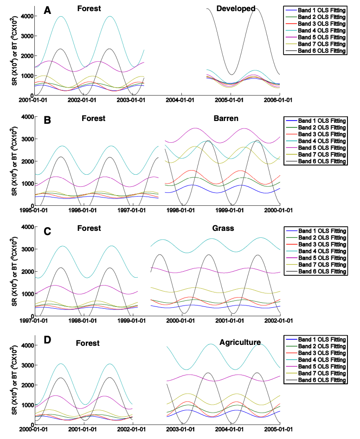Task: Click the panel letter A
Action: [47, 10]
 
